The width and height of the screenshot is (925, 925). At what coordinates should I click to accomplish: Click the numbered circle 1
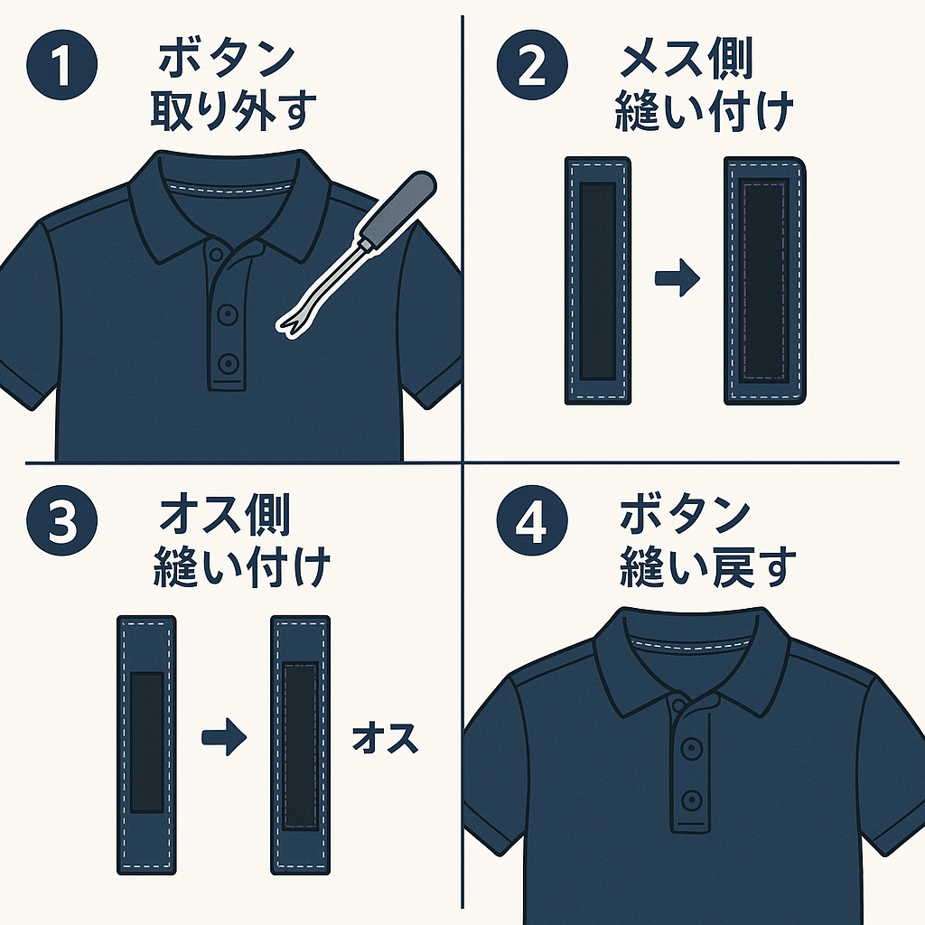(x=62, y=68)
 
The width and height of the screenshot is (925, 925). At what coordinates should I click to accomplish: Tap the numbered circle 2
(x=533, y=68)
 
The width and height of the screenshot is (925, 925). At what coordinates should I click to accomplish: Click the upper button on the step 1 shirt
(x=229, y=314)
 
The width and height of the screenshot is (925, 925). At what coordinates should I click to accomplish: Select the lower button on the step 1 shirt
(x=229, y=363)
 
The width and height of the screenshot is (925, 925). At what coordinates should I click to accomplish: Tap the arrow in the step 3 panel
(x=223, y=738)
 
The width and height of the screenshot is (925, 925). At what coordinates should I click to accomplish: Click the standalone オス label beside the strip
(x=385, y=738)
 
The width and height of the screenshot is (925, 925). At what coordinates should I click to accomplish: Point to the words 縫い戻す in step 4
(x=709, y=567)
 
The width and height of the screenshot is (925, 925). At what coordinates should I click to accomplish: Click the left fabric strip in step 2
(x=597, y=280)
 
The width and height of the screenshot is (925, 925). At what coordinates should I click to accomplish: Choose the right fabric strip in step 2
(x=765, y=280)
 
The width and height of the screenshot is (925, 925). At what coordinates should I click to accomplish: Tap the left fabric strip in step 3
(x=146, y=744)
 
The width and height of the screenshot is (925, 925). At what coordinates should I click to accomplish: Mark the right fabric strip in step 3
(x=301, y=744)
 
